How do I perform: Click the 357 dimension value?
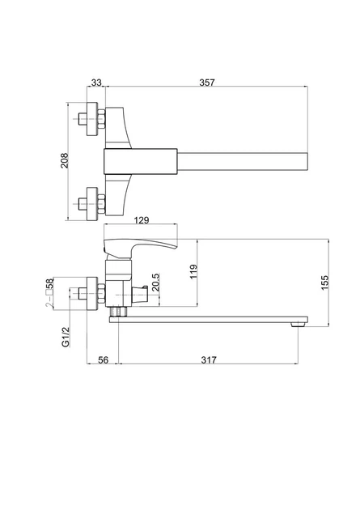[x=207, y=83]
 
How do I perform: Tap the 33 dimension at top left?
[x=96, y=83]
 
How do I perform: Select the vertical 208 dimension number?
[x=65, y=160]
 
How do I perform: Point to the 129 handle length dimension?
[x=142, y=220]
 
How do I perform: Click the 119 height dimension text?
[x=193, y=271]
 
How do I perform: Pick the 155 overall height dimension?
[x=324, y=283]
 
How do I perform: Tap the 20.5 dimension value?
[x=155, y=282]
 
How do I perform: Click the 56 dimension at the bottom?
[x=103, y=360]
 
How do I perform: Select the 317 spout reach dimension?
[x=209, y=360]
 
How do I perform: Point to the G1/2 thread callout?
[x=66, y=337]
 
